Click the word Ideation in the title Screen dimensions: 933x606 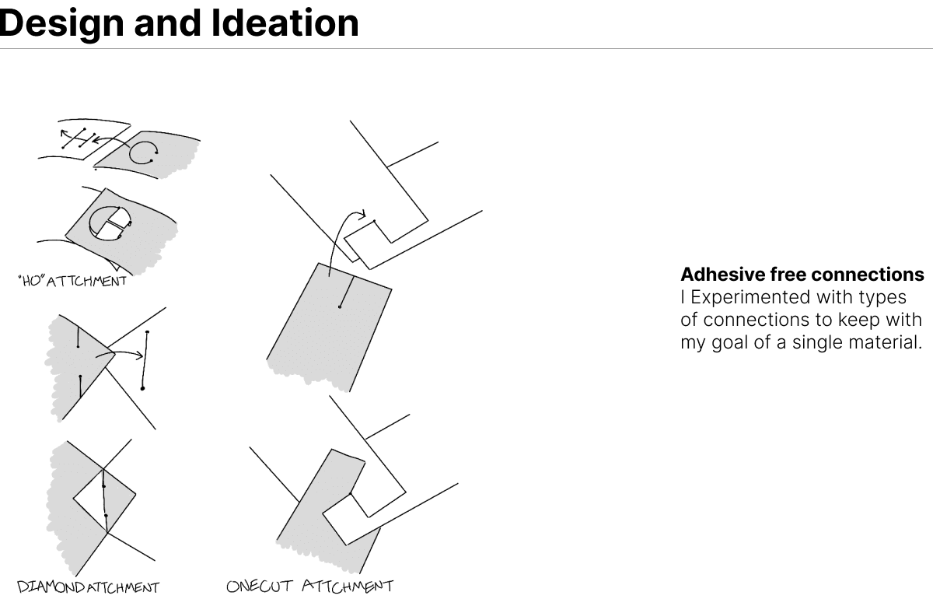point(285,23)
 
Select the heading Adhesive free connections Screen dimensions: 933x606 point(802,275)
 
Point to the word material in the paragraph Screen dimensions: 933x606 point(882,342)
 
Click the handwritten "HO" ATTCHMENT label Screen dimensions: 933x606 point(71,280)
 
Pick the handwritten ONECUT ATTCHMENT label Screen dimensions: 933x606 point(309,586)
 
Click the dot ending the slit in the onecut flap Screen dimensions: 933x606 point(340,307)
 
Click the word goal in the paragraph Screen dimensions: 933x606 point(730,342)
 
